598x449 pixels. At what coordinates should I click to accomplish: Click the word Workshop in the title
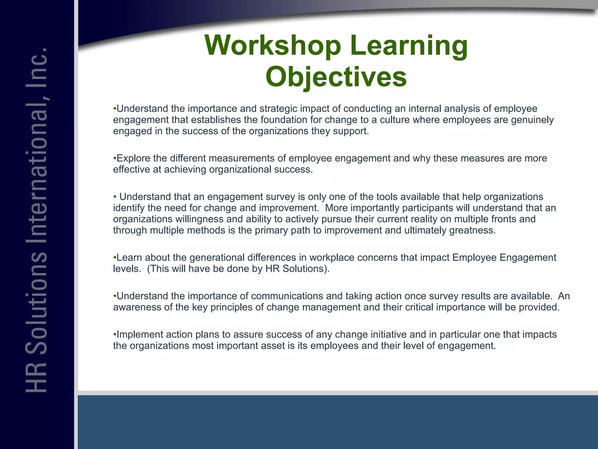coord(273,46)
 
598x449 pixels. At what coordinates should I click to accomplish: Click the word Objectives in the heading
coord(336,77)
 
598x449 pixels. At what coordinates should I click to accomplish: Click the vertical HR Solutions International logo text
coord(36,219)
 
